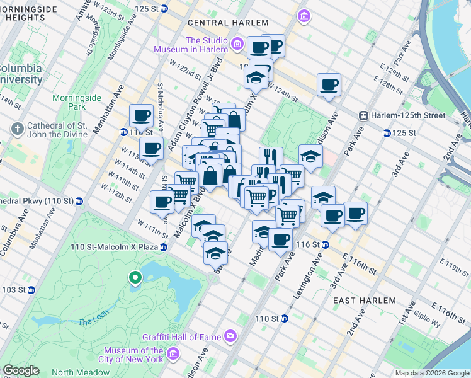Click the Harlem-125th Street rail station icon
click(363, 115)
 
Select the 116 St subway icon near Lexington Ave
click(326, 244)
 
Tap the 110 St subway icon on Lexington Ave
click(284, 319)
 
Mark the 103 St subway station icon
click(31, 290)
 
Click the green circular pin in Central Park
click(134, 277)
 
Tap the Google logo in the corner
click(21, 370)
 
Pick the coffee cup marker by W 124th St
click(329, 85)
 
